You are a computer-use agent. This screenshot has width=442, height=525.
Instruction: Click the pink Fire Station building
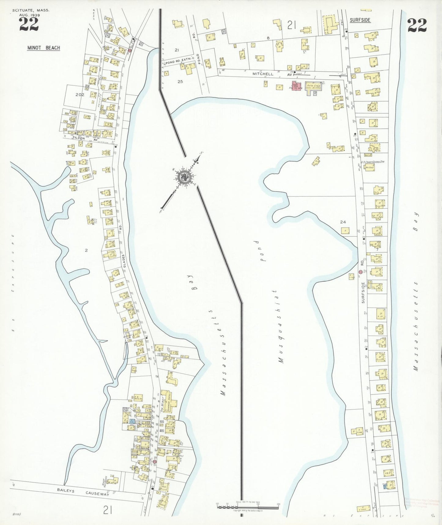[296, 86]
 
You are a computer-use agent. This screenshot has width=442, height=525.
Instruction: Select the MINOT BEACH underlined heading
[43, 48]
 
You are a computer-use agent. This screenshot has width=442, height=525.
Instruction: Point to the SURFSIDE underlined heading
[360, 20]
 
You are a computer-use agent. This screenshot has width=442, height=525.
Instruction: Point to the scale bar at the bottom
[248, 505]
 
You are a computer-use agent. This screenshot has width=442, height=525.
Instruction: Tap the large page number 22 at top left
[29, 24]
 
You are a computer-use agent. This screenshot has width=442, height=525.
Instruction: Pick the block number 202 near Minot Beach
[80, 95]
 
